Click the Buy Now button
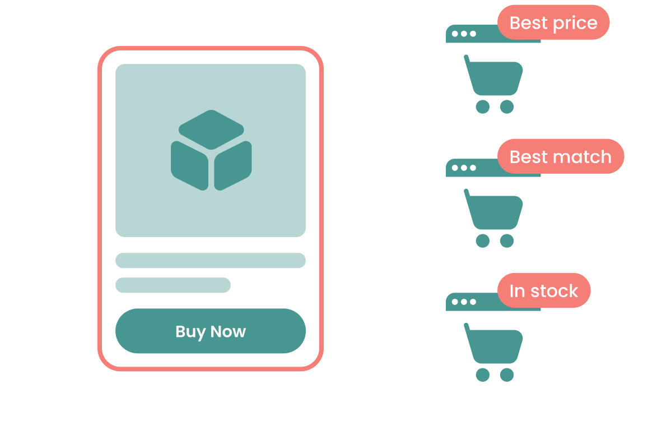click(210, 331)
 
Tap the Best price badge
click(553, 23)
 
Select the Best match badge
click(560, 156)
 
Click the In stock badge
click(543, 290)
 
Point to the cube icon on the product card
click(211, 150)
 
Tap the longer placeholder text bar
click(210, 260)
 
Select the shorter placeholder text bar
click(173, 285)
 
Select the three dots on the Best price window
click(463, 34)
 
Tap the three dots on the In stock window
click(463, 302)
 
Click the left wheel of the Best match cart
click(482, 241)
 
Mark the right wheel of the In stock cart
click(507, 375)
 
